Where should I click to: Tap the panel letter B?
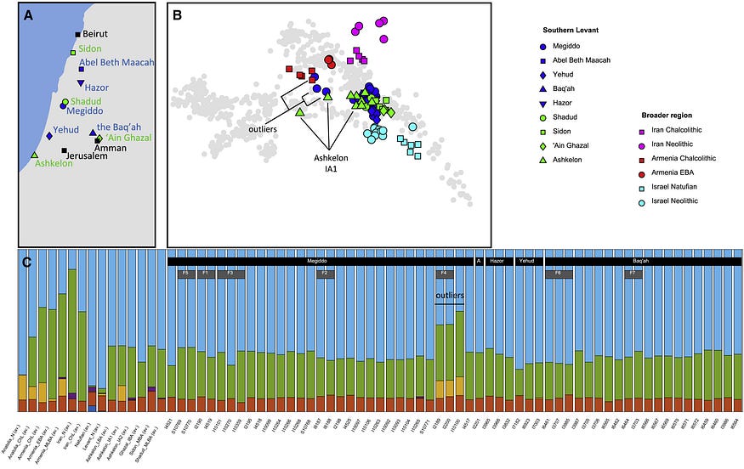(x=177, y=14)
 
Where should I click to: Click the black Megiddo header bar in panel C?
(x=320, y=262)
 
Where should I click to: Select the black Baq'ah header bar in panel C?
(x=644, y=262)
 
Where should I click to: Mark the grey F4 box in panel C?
(x=445, y=274)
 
